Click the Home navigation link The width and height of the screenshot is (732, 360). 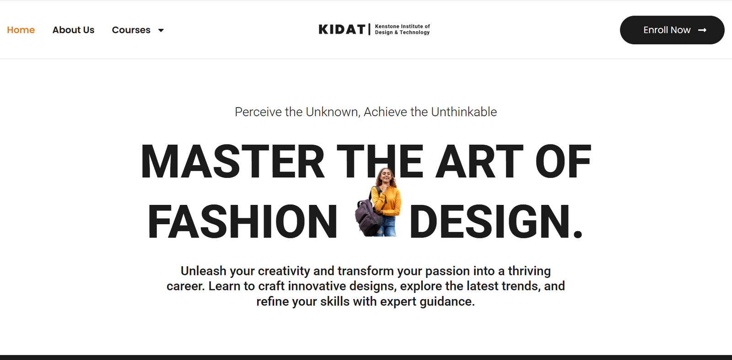(x=21, y=30)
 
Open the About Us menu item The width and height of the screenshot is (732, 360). (x=73, y=30)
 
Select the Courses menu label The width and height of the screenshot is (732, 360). (x=131, y=30)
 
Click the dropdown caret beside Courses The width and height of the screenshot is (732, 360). (x=161, y=30)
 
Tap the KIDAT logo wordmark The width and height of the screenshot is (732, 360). (x=342, y=29)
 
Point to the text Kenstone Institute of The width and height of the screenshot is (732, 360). (x=402, y=26)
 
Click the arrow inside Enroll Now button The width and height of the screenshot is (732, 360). (x=702, y=30)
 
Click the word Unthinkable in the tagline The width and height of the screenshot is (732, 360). (x=464, y=112)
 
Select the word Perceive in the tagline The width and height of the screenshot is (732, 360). (x=258, y=112)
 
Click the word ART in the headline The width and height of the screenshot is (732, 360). (x=479, y=162)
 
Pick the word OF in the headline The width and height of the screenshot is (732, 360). (x=563, y=162)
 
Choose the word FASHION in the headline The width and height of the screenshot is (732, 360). (x=242, y=221)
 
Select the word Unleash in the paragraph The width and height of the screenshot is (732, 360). (x=203, y=271)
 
